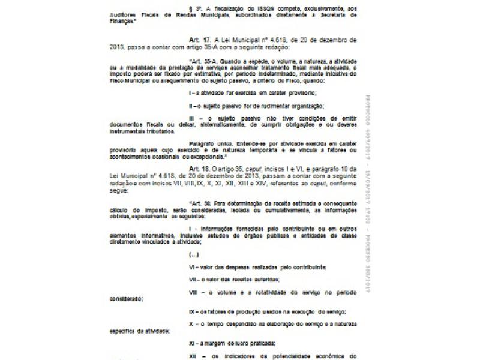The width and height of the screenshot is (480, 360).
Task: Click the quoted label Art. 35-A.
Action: point(202,62)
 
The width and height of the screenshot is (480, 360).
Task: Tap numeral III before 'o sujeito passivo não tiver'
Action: point(192,119)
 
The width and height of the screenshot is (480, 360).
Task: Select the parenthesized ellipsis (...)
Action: point(194,254)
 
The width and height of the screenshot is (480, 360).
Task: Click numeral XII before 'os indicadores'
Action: point(193,355)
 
